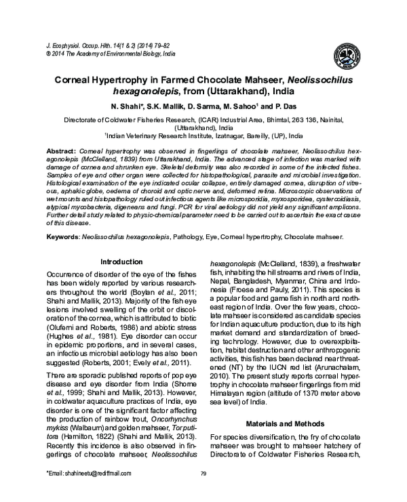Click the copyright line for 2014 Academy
(x=109, y=51)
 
